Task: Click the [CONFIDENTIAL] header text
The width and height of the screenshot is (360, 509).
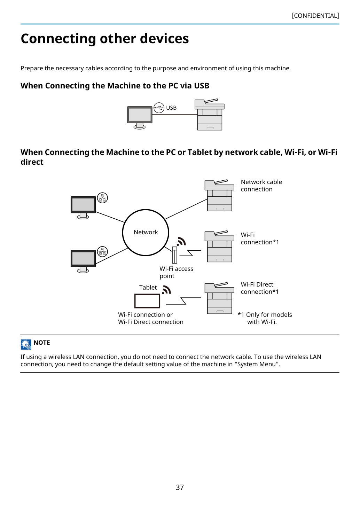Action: pyautogui.click(x=315, y=16)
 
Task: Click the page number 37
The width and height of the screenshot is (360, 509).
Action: pyautogui.click(x=180, y=487)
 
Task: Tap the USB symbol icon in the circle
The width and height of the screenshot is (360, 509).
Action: pyautogui.click(x=159, y=108)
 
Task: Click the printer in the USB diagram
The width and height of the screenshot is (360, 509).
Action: pyautogui.click(x=210, y=115)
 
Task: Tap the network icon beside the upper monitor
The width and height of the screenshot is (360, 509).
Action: pyautogui.click(x=102, y=198)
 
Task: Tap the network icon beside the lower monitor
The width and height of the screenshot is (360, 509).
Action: pyautogui.click(x=102, y=252)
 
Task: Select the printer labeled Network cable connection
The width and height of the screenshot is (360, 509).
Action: pyautogui.click(x=219, y=195)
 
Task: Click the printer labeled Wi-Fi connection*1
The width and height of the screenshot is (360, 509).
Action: pyautogui.click(x=219, y=246)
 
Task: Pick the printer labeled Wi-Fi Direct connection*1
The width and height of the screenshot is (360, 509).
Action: pyautogui.click(x=219, y=298)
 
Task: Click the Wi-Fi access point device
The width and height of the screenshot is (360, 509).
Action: pyautogui.click(x=174, y=255)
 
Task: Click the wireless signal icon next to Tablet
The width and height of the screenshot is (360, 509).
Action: pyautogui.click(x=166, y=290)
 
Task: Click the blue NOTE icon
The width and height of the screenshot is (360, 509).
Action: pyautogui.click(x=26, y=344)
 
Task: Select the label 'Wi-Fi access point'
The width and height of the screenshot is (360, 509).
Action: pyautogui.click(x=177, y=272)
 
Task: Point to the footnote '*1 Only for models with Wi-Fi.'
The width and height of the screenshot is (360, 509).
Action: pyautogui.click(x=265, y=318)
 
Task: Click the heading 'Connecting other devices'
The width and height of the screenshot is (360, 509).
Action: pyautogui.click(x=105, y=39)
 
